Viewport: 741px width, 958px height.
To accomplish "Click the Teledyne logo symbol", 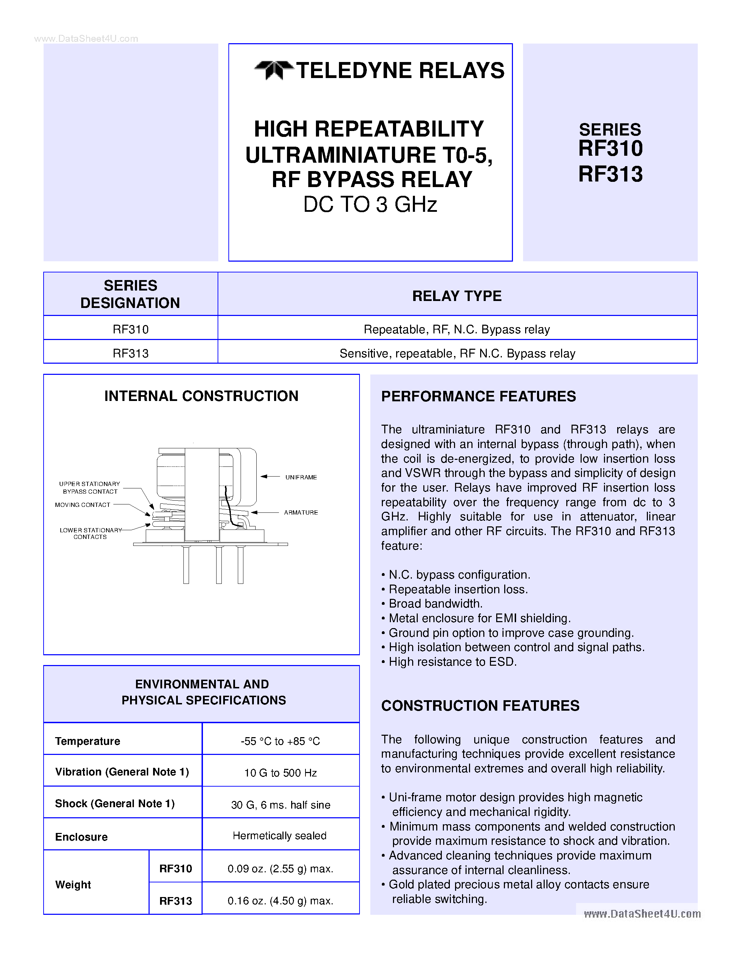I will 273,70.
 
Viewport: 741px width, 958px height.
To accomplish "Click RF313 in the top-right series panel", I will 610,174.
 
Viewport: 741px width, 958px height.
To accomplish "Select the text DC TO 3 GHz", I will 370,204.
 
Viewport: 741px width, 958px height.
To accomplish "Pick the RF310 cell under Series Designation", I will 130,330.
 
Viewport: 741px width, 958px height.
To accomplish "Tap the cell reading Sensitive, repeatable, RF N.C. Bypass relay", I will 457,354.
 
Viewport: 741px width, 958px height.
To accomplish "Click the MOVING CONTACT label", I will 83,505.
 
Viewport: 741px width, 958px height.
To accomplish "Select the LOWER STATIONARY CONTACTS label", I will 90,533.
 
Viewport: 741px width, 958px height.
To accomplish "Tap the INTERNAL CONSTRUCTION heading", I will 201,396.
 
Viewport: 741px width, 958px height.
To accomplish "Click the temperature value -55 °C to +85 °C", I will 280,741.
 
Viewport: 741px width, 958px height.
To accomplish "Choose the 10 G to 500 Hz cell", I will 280,773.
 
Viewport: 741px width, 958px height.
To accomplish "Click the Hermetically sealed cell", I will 280,836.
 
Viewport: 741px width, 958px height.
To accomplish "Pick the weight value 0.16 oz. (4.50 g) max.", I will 280,901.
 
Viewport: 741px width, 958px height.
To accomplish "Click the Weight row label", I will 73,885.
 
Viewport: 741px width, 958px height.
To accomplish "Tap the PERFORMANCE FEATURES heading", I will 478,396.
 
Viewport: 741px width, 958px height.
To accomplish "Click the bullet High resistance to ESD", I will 452,662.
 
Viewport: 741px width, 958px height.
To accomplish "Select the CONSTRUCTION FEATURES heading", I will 480,706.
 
